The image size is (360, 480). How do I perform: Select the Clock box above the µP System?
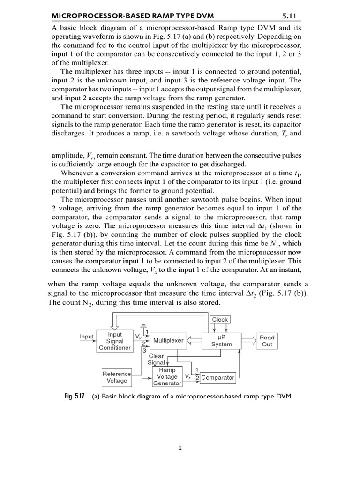(x=220, y=320)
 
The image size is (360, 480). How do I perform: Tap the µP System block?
(x=221, y=341)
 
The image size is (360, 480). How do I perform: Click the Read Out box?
(x=267, y=341)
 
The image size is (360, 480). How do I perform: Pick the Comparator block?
(x=217, y=377)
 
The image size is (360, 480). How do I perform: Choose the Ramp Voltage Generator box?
(x=167, y=376)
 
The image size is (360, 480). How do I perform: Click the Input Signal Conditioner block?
(x=115, y=341)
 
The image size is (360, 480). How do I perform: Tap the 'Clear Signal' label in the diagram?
(x=156, y=359)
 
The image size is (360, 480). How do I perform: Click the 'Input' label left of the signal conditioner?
(x=87, y=337)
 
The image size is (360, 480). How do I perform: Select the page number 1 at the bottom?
(x=180, y=448)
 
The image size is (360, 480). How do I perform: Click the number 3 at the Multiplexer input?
(x=144, y=349)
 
